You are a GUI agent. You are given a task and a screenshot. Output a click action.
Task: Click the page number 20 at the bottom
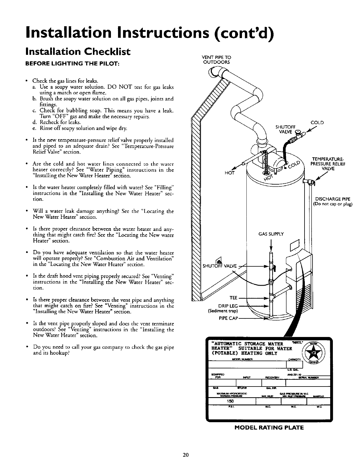[x=186, y=454]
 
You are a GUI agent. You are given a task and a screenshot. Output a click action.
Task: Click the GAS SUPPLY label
[x=271, y=234]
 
